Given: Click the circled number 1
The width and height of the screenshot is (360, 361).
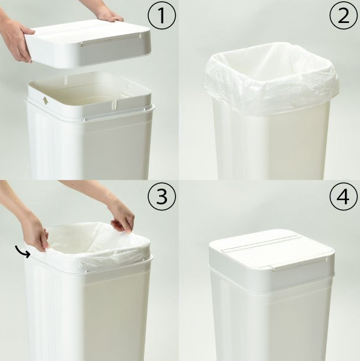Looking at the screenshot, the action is coord(162,16).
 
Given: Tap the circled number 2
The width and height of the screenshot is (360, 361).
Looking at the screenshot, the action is coord(344,16).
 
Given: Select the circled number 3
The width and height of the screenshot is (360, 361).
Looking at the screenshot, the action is coord(162,197).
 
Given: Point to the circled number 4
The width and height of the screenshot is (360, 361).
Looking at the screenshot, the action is coord(344,197).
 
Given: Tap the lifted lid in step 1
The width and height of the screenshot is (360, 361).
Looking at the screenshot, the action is coord(89,44).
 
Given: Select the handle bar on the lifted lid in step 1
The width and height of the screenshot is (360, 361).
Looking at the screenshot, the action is coord(111,39).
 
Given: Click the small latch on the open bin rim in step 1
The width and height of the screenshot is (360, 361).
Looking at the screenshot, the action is coord(45,100).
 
